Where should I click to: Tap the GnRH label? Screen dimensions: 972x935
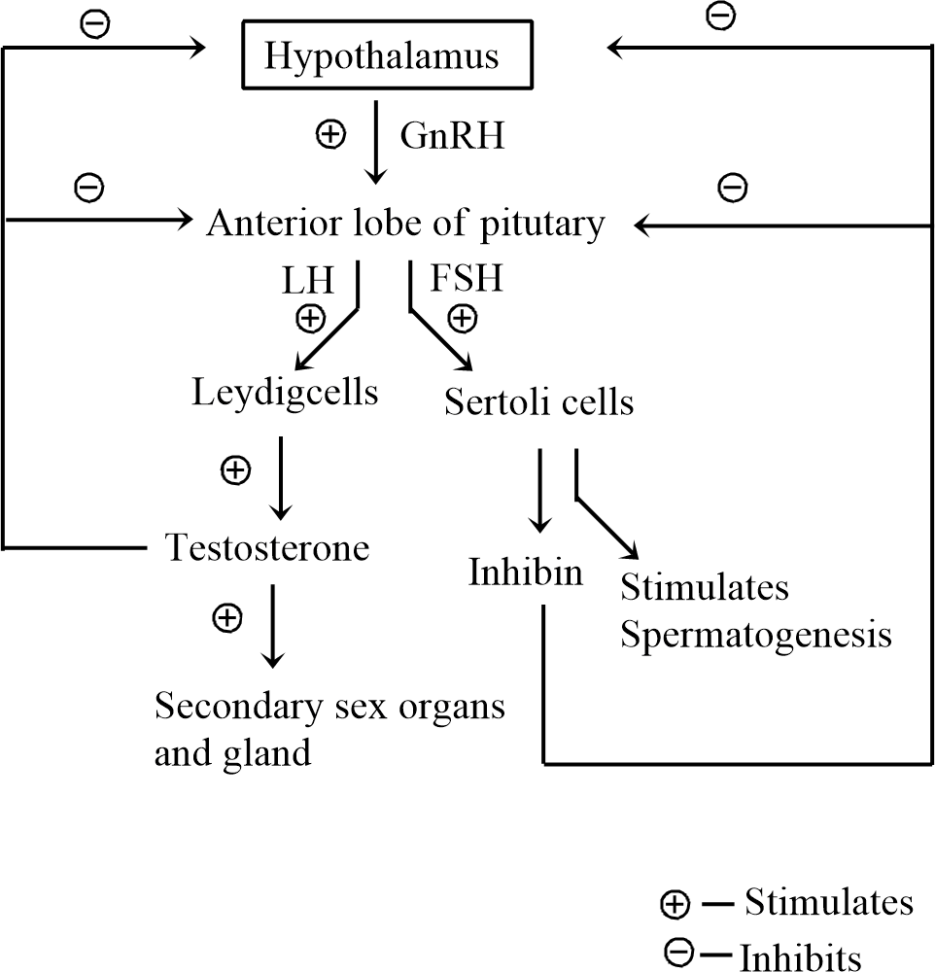tap(453, 136)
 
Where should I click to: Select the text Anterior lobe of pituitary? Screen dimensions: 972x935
tap(405, 224)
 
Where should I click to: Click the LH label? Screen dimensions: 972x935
tap(309, 281)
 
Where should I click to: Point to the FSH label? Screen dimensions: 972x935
tap(467, 280)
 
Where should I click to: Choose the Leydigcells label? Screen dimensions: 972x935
tap(285, 394)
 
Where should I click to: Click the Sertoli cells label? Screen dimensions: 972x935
tap(538, 400)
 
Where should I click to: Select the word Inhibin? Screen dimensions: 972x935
tap(525, 572)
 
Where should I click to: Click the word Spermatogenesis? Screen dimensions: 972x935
tap(756, 635)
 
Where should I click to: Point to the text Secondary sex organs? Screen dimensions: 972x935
tap(329, 706)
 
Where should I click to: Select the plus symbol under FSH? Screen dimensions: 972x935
tap(463, 317)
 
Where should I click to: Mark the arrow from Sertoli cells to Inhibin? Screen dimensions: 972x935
tap(537, 491)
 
